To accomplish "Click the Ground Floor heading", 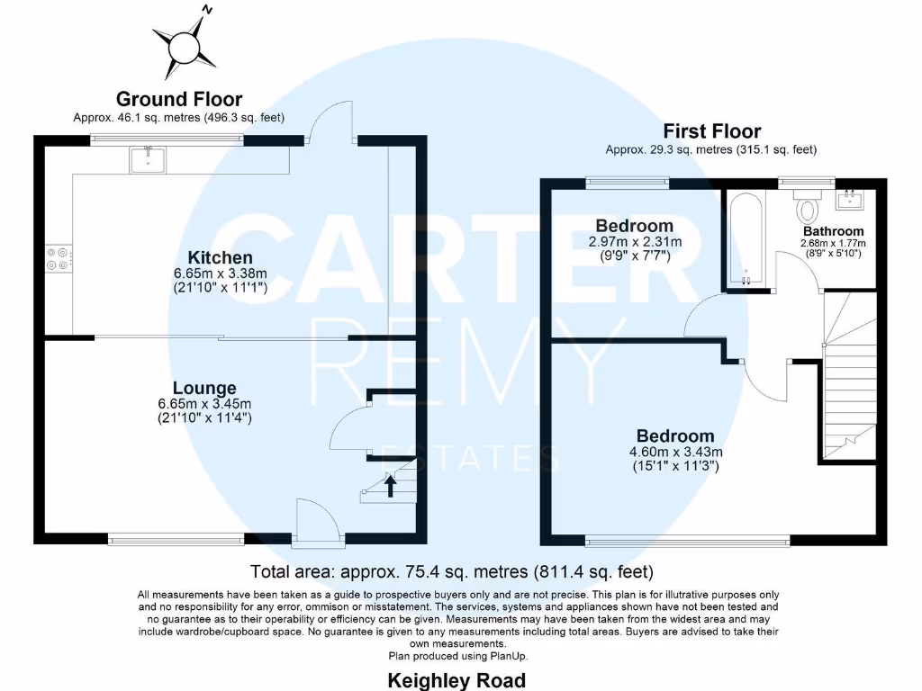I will [179, 99].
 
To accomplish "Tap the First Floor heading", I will [711, 131].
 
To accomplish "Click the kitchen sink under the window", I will [144, 160].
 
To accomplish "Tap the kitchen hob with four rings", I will [56, 258].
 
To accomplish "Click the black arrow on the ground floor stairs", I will [391, 487].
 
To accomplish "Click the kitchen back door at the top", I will [324, 128].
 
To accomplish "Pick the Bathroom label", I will [834, 231].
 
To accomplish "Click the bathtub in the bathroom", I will [746, 239].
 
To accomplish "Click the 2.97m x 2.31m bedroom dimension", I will [634, 241].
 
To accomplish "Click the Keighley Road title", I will [456, 680].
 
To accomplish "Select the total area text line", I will [451, 571].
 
